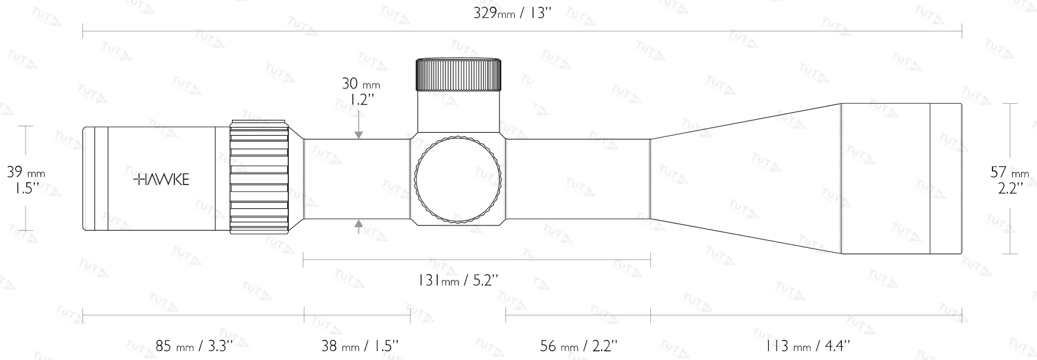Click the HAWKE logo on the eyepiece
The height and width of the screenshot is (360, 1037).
tap(161, 180)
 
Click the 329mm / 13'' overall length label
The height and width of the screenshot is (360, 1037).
tap(513, 14)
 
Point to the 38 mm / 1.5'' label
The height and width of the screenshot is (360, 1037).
tap(360, 345)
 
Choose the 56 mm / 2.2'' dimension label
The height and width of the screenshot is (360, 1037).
tap(579, 345)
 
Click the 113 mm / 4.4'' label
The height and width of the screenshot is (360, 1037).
tap(809, 345)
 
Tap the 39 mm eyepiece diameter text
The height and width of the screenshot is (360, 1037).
tap(26, 173)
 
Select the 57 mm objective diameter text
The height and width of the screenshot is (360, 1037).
tap(1010, 173)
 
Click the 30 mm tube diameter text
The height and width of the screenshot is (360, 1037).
tap(360, 84)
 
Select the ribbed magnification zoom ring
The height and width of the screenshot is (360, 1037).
tap(259, 178)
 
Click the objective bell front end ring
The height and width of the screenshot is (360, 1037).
tap(946, 179)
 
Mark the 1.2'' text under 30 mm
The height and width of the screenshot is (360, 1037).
tap(360, 100)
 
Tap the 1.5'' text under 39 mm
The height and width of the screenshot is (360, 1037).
tap(24, 189)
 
